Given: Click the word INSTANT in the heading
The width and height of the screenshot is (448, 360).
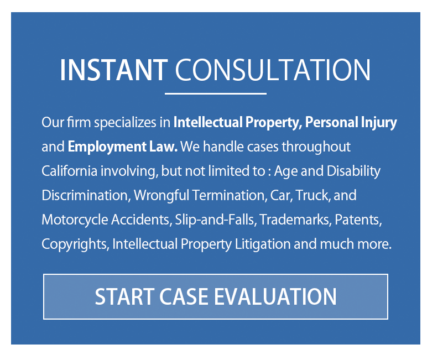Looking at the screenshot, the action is [114, 70].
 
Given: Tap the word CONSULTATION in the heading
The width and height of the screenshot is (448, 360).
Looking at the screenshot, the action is [273, 70].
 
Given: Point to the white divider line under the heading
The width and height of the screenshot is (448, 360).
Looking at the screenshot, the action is [216, 93].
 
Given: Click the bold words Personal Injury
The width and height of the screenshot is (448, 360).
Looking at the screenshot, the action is [351, 123].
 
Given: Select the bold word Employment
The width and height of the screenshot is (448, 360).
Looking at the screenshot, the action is [107, 148].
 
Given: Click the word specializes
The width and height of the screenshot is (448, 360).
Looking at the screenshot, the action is [125, 123].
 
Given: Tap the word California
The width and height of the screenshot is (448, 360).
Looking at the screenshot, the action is [70, 171].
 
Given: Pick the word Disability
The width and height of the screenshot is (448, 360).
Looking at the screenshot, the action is [353, 172].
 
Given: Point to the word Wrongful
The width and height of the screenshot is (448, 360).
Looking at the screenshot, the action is [162, 196].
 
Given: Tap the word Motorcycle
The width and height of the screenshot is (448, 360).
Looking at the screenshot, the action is [75, 220].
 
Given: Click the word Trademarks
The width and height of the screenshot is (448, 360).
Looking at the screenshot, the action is [295, 220].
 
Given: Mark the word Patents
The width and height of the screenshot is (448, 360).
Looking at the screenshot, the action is [358, 220].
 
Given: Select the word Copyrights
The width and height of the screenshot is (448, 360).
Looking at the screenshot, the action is [75, 245].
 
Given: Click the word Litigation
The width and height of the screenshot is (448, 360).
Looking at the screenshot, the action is [263, 245].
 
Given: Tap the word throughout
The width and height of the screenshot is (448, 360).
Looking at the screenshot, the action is [316, 148].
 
